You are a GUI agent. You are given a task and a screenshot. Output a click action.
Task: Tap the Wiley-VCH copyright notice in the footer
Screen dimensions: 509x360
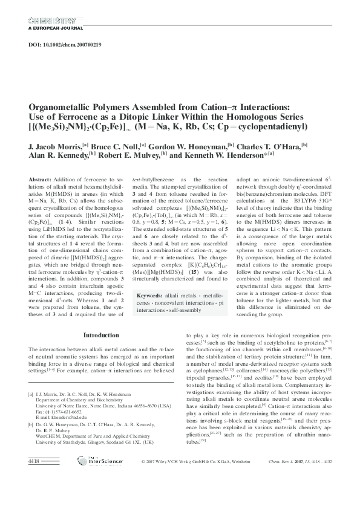[x=204, y=495]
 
